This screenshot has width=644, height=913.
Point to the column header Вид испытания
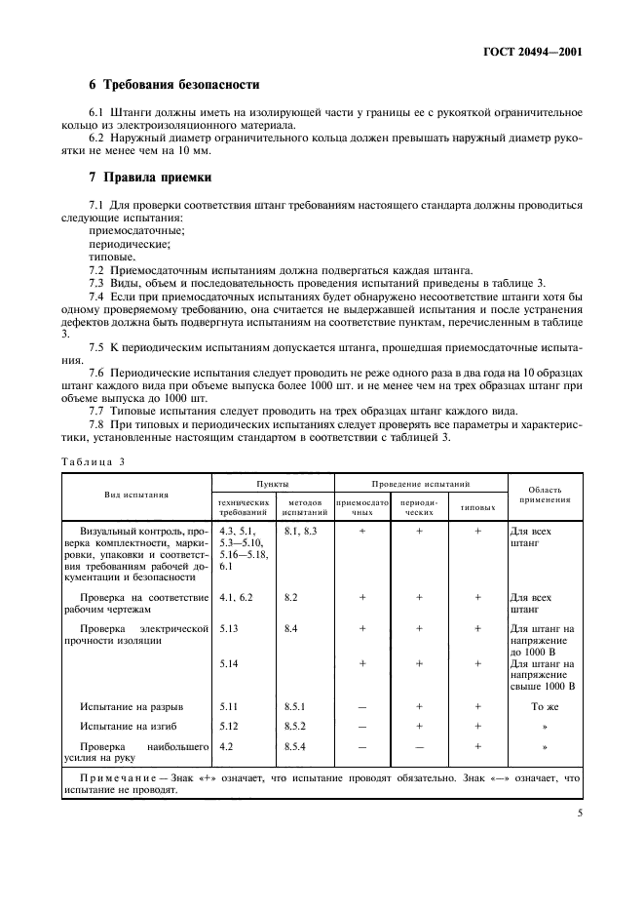point(137,495)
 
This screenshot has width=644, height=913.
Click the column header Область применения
point(544,494)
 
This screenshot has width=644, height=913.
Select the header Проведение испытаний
point(421,483)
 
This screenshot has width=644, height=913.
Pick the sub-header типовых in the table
point(477,508)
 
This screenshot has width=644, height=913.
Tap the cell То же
point(544,704)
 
